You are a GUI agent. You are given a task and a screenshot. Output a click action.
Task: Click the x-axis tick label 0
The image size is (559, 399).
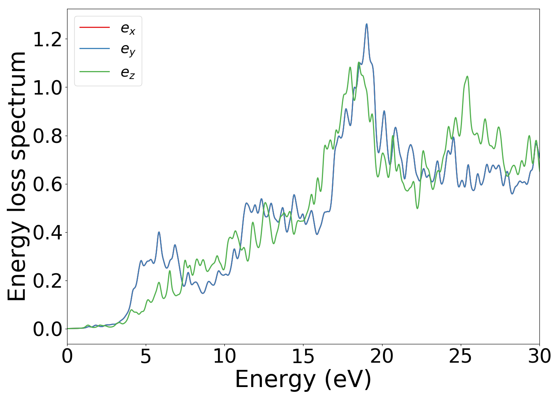(67, 356)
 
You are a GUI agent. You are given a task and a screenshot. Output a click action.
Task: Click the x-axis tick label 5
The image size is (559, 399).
(146, 356)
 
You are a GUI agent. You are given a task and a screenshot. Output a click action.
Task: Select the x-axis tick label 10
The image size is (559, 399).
(224, 356)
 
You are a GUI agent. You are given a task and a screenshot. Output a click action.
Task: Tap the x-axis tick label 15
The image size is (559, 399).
(303, 356)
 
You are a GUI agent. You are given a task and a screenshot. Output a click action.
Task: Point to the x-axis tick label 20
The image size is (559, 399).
(382, 356)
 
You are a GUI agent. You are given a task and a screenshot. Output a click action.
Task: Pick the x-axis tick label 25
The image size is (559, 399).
(460, 356)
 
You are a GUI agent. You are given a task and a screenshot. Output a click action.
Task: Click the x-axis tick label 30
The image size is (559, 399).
(539, 356)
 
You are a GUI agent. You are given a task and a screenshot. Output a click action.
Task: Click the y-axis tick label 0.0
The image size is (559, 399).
(48, 329)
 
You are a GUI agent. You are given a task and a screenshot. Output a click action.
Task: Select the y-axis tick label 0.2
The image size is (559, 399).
(48, 281)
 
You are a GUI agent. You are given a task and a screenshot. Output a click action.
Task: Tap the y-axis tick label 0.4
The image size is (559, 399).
(48, 233)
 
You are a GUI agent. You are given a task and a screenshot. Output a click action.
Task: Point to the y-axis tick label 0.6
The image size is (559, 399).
(48, 184)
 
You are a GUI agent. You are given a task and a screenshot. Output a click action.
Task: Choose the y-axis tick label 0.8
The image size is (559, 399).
(48, 136)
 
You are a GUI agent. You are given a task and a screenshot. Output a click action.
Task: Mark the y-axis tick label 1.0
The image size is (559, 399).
(48, 88)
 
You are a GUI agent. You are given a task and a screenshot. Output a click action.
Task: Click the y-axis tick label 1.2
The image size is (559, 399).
(48, 40)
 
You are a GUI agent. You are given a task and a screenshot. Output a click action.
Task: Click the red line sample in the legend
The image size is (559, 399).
(95, 27)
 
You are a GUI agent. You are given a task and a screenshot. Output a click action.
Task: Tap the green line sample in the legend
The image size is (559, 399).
(95, 72)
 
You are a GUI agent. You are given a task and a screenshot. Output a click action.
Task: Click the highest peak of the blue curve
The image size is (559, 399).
(367, 24)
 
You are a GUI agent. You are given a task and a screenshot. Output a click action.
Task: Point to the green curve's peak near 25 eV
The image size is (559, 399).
(467, 76)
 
